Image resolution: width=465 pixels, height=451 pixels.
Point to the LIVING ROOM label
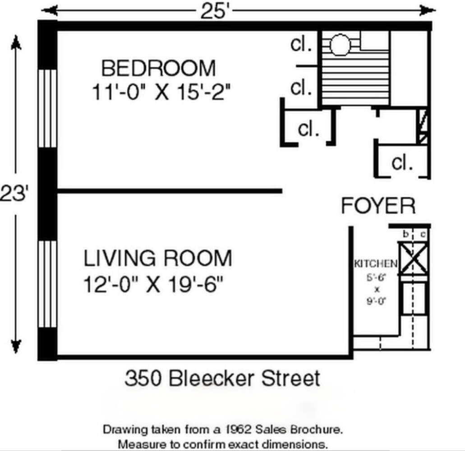click(x=157, y=258)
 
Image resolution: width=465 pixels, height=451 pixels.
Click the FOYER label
click(x=378, y=206)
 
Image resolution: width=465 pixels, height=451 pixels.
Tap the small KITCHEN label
click(x=376, y=263)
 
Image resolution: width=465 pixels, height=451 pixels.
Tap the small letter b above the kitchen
click(x=405, y=234)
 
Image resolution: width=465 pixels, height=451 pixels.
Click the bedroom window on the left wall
click(x=47, y=108)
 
